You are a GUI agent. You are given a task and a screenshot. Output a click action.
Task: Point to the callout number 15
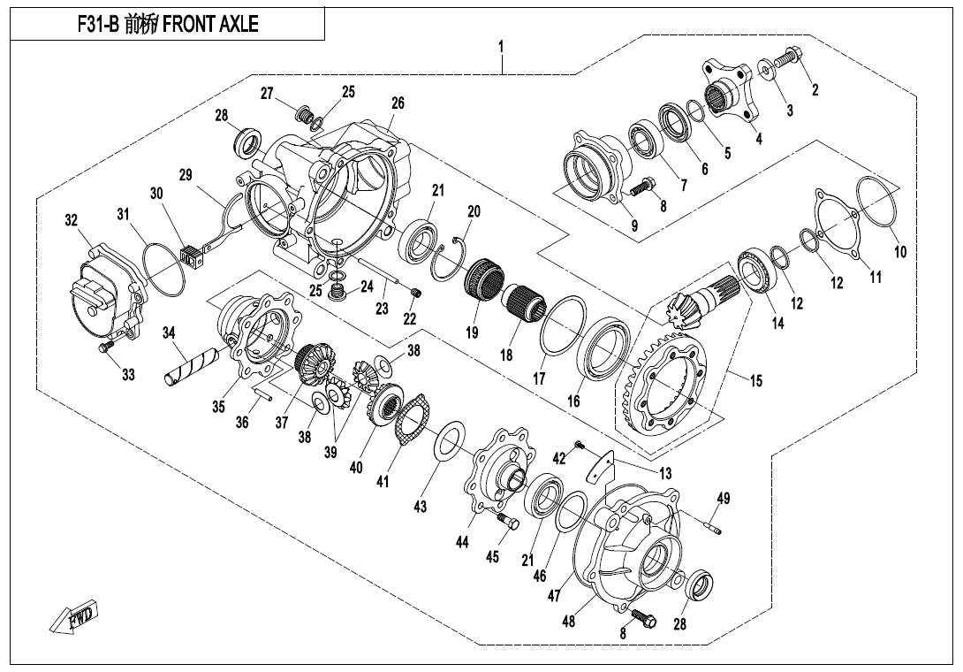[x=756, y=382]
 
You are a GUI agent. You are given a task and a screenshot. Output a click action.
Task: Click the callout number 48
[x=569, y=622]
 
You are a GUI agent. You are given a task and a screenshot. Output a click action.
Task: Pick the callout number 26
[x=398, y=103]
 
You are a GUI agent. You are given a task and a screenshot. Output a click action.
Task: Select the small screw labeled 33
[x=107, y=349]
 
